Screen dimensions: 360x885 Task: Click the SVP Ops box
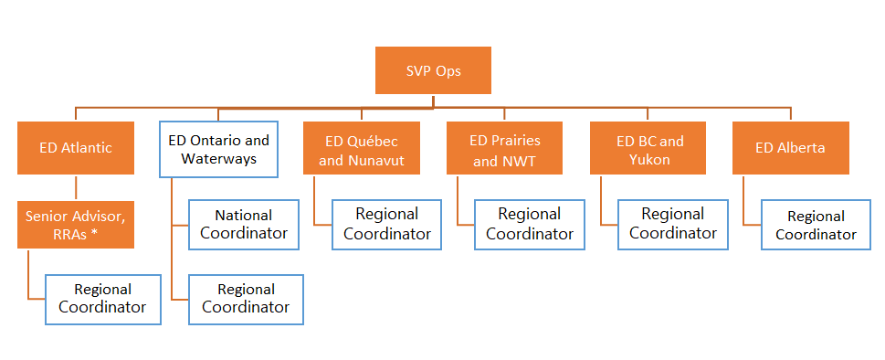coord(433,70)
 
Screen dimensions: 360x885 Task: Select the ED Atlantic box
coord(76,148)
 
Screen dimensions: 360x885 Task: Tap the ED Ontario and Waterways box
coord(218,150)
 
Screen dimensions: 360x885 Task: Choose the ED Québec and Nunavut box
coord(362,150)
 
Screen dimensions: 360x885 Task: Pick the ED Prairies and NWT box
coord(504,150)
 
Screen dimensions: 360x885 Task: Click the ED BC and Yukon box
coord(648,150)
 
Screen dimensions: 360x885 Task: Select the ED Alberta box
coord(791,148)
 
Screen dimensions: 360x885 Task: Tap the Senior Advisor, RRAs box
coord(76,225)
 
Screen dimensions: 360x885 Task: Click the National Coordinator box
coord(246,225)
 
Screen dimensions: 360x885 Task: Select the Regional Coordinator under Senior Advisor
coord(102,299)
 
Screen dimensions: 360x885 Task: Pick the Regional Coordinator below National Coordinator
coord(246,299)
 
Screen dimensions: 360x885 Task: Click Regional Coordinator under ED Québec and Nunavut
coord(387,224)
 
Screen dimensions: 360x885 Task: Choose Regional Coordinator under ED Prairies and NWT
coord(530,224)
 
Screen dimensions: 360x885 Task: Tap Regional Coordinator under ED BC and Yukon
coord(673,224)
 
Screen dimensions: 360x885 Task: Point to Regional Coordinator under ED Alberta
coord(816,225)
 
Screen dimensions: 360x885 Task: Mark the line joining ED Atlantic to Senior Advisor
coord(76,187)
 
